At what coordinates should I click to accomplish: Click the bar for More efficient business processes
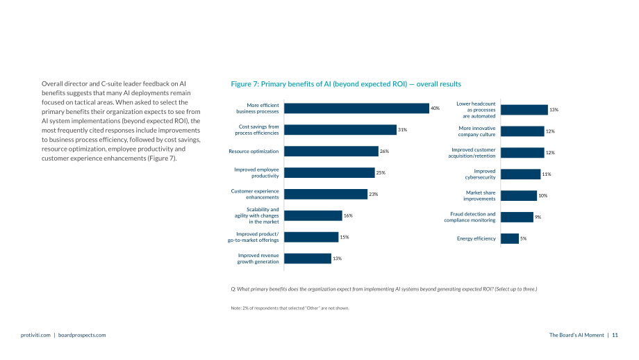[x=356, y=108]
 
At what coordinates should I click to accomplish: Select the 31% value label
[x=402, y=130]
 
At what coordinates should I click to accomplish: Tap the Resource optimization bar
[x=331, y=152]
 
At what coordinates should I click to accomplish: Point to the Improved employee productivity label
[x=256, y=172]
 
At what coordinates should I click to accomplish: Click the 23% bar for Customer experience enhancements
[x=326, y=194]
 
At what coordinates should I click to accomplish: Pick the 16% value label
[x=348, y=215]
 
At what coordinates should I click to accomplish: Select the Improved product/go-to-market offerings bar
[x=311, y=237]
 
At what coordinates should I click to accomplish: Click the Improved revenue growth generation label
[x=258, y=259]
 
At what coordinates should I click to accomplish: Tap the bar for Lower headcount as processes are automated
[x=524, y=110]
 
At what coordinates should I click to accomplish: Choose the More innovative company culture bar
[x=522, y=131]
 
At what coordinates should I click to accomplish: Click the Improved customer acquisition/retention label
[x=472, y=153]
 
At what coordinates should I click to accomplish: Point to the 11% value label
[x=547, y=174]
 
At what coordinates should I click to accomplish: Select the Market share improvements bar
[x=519, y=196]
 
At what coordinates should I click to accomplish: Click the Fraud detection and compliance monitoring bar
[x=517, y=217]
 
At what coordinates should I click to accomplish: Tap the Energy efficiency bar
[x=510, y=238]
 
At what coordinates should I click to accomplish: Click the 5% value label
[x=523, y=238]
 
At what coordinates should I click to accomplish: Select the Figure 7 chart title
[x=346, y=84]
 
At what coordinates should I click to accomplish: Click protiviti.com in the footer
[x=35, y=335]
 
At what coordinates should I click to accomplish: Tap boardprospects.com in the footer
[x=82, y=335]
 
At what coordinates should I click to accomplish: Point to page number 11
[x=615, y=335]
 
